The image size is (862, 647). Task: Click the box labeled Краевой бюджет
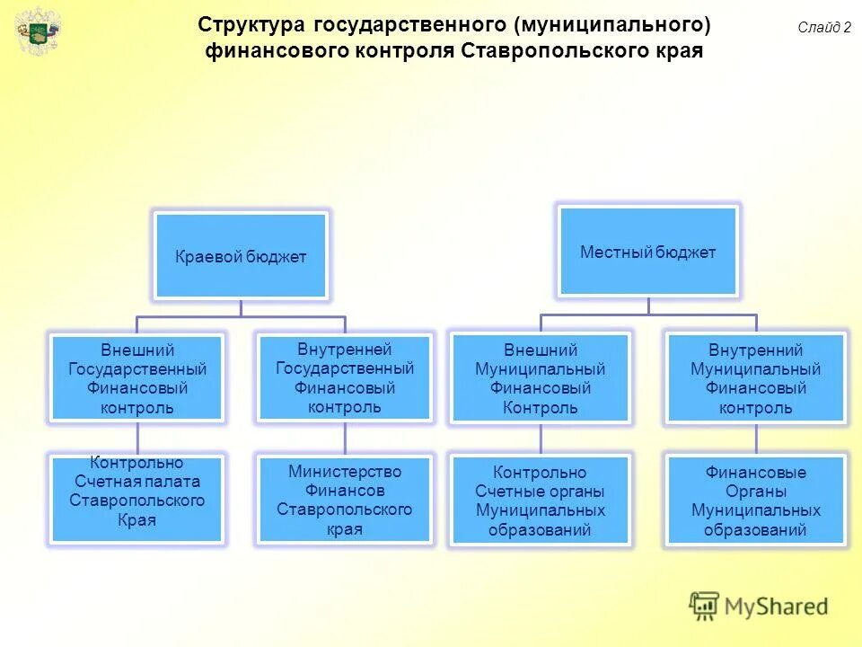[241, 256]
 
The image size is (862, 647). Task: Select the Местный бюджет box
[647, 252]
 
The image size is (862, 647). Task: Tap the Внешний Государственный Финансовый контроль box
[137, 378]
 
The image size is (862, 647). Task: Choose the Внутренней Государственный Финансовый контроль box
[345, 377]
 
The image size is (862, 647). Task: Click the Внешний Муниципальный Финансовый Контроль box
[541, 378]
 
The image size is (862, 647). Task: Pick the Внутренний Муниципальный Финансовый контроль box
[755, 378]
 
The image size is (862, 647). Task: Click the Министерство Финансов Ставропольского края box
[345, 500]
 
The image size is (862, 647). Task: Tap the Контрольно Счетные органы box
[541, 501]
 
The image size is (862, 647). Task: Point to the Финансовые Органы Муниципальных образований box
[755, 501]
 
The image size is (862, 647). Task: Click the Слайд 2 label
[823, 28]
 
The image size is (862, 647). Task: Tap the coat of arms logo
[39, 33]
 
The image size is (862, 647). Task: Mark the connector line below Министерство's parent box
[345, 437]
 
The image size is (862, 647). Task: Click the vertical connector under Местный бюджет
[648, 306]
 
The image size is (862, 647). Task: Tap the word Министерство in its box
[345, 472]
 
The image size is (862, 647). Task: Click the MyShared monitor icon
[705, 606]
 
